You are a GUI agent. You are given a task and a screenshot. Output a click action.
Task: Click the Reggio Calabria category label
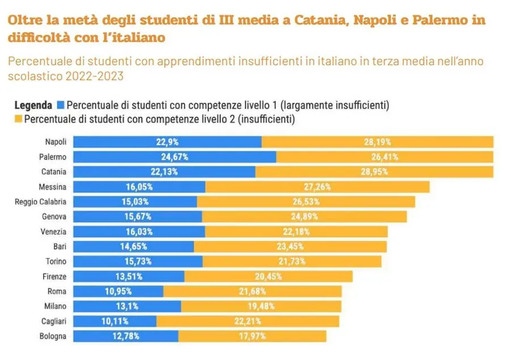click(40, 202)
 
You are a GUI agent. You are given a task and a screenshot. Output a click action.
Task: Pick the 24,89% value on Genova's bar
click(304, 216)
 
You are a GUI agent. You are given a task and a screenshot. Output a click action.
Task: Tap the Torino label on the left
click(56, 261)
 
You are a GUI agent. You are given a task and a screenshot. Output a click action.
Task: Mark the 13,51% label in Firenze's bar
click(129, 277)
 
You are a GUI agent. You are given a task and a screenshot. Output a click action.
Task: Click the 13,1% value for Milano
click(128, 307)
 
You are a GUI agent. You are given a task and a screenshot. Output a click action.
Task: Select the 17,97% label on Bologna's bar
click(253, 336)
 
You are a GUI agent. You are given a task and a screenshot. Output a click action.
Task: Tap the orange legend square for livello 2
click(18, 119)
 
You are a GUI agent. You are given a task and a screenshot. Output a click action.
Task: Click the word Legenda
click(33, 106)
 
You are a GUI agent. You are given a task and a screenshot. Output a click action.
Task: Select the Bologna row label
click(53, 336)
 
